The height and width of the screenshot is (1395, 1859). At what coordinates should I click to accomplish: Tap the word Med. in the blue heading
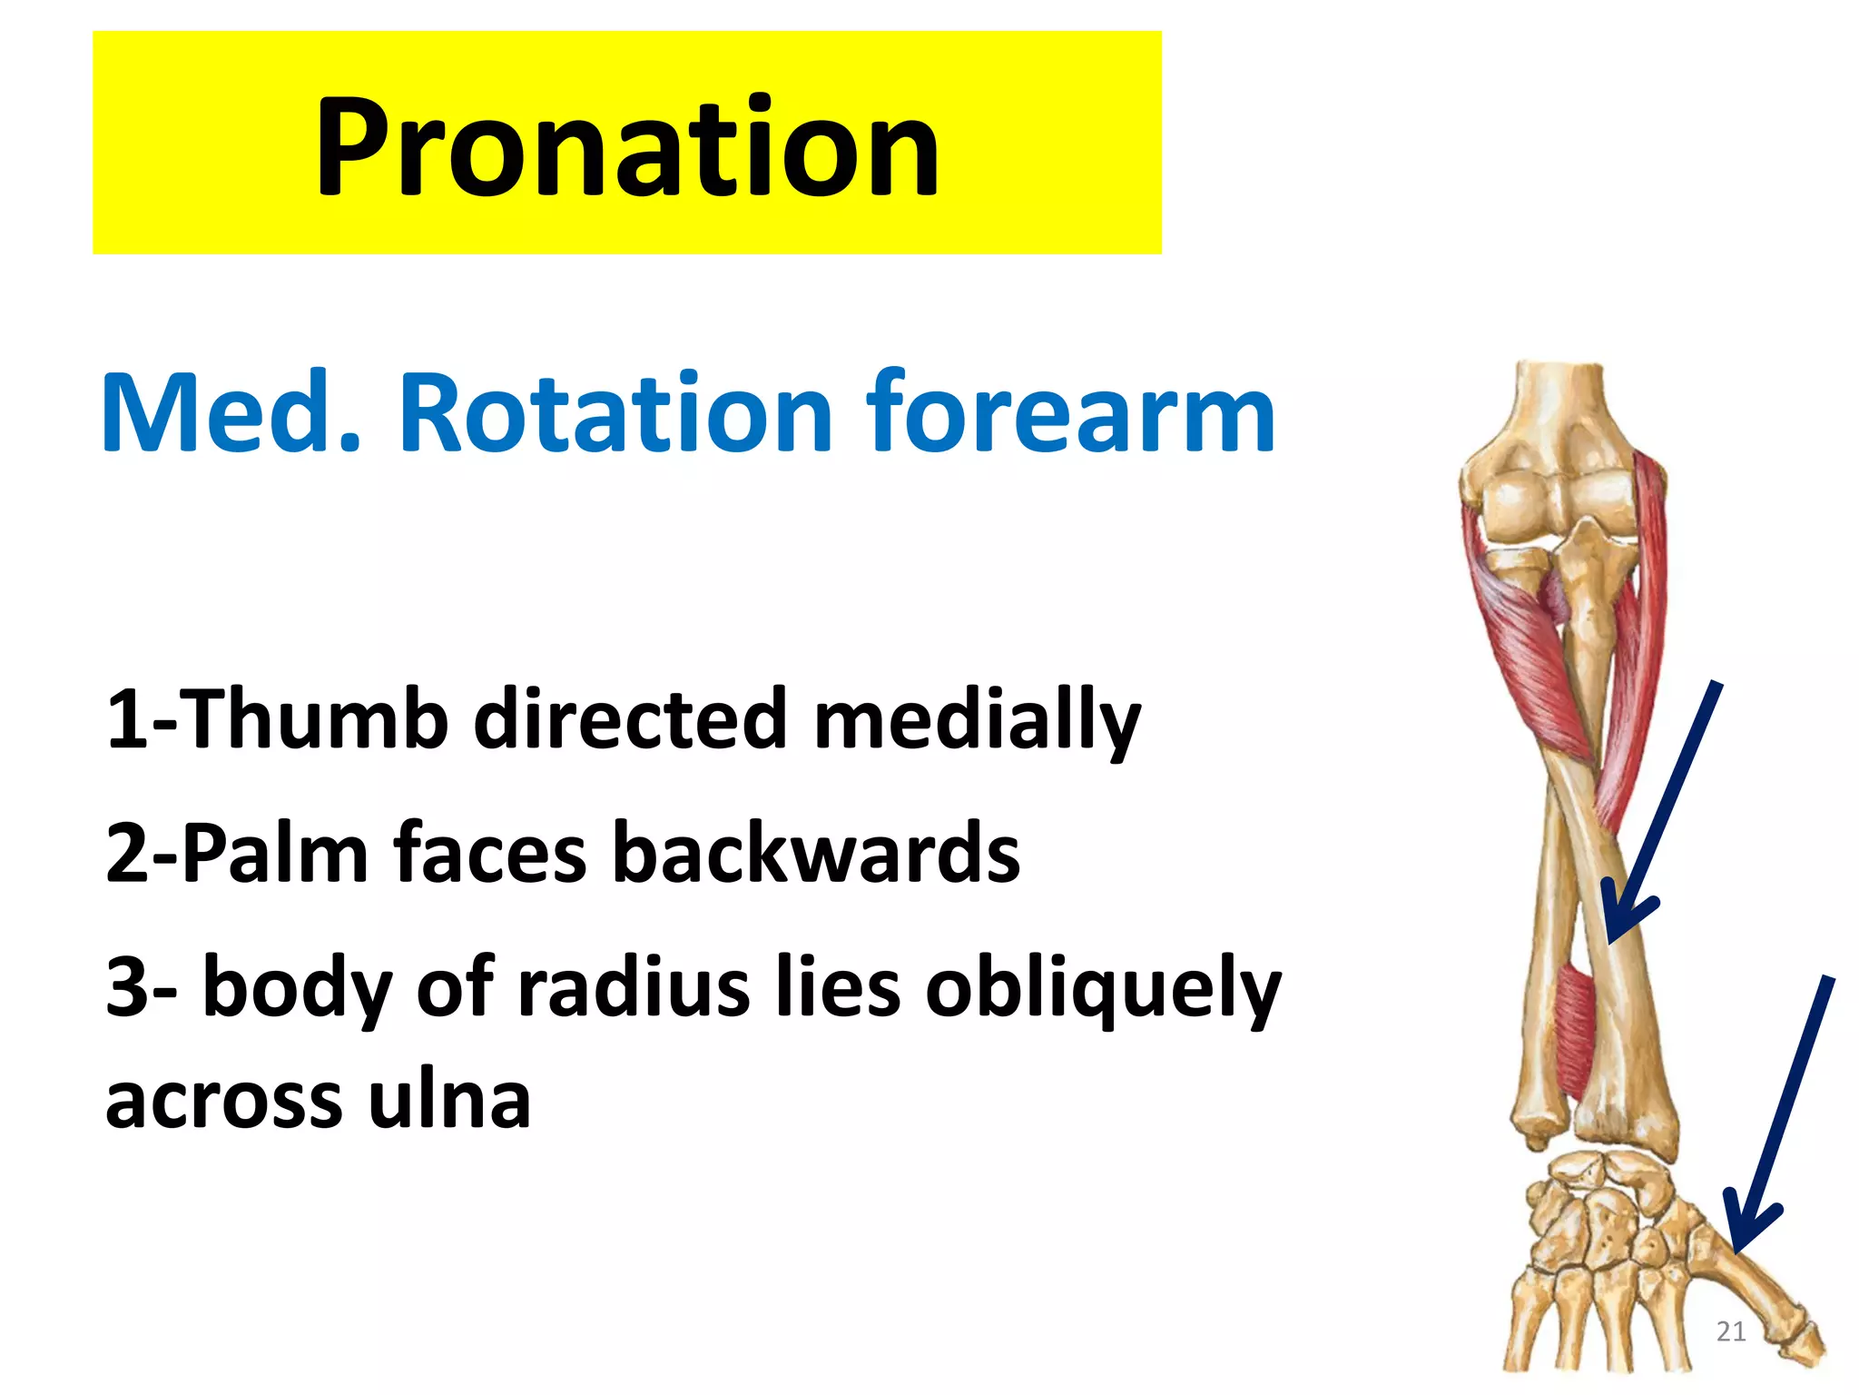231,413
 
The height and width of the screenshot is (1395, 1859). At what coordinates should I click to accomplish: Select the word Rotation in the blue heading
615,413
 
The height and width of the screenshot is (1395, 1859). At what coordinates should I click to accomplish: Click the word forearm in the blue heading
1071,413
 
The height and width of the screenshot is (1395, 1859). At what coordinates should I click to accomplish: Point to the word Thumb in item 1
318,719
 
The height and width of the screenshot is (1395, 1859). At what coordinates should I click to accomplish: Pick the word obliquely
1102,990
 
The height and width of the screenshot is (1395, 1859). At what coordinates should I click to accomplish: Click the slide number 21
1730,1331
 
